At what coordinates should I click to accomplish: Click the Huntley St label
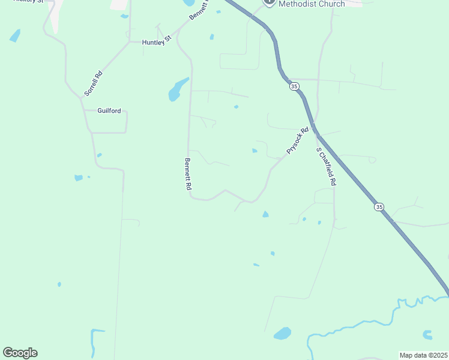[x=156, y=42]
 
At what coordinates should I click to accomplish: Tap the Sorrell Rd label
[x=94, y=83]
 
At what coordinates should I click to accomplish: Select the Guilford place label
[x=109, y=111]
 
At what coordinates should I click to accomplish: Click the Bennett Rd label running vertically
[x=187, y=174]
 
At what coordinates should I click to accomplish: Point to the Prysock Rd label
[x=297, y=140]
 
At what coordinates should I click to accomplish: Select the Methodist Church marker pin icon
[x=269, y=2]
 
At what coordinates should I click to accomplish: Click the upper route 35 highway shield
[x=294, y=86]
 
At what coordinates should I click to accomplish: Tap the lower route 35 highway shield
[x=379, y=207]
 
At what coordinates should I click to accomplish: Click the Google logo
[x=20, y=353]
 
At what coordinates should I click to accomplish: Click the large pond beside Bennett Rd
[x=177, y=89]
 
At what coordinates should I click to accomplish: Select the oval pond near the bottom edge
[x=282, y=333]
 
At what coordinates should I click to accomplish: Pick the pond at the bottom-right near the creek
[x=427, y=335]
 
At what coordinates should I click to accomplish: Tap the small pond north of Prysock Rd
[x=255, y=151]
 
